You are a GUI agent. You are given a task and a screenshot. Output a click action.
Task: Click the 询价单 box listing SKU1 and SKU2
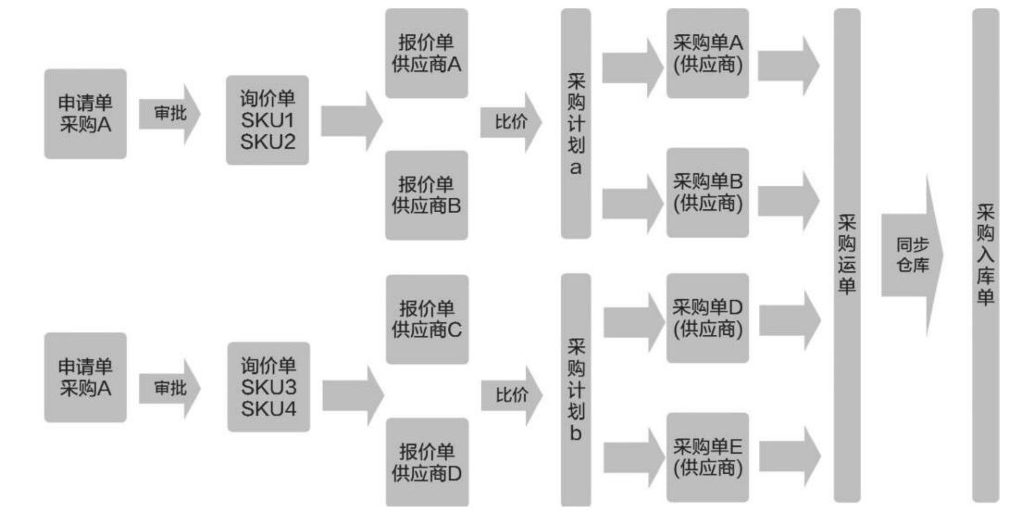coord(267,120)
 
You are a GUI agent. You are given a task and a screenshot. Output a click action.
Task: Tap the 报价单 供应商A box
coord(427,54)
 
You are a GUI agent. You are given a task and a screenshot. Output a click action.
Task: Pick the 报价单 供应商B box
coord(427,194)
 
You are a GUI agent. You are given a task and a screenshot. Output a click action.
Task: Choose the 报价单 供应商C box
coord(427,319)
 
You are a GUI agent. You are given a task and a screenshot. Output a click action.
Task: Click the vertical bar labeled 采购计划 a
coord(575,126)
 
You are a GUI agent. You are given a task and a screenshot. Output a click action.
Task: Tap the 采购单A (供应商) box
coord(707,54)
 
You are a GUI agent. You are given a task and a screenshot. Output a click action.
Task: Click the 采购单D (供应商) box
coord(707,318)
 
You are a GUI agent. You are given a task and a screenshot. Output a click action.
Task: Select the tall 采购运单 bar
coord(847,255)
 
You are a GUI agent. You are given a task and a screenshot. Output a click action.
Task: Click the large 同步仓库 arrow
coord(912,255)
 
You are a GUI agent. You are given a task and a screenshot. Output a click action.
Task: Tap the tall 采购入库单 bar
coord(986,255)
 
